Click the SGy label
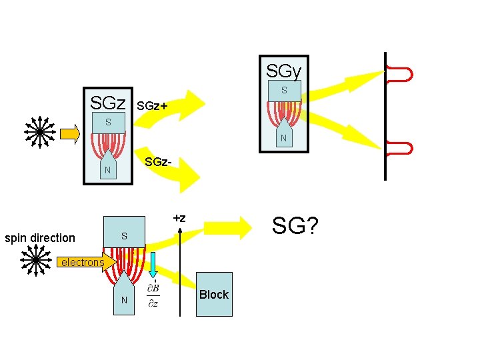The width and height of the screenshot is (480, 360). pyautogui.click(x=283, y=69)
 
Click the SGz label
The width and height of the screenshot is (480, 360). pyautogui.click(x=108, y=103)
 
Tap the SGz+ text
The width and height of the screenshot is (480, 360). pyautogui.click(x=151, y=105)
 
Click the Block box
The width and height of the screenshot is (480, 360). pyautogui.click(x=213, y=294)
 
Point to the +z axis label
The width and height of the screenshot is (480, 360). pyautogui.click(x=179, y=218)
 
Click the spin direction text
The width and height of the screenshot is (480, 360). pyautogui.click(x=40, y=238)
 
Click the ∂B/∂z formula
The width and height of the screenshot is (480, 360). pyautogui.click(x=153, y=295)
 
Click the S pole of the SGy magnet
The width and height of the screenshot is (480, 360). pyautogui.click(x=284, y=90)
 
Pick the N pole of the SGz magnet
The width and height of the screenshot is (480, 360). pyautogui.click(x=107, y=170)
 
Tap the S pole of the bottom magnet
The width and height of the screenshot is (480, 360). pyautogui.click(x=124, y=237)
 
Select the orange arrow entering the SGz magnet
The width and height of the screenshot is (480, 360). pyautogui.click(x=69, y=134)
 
